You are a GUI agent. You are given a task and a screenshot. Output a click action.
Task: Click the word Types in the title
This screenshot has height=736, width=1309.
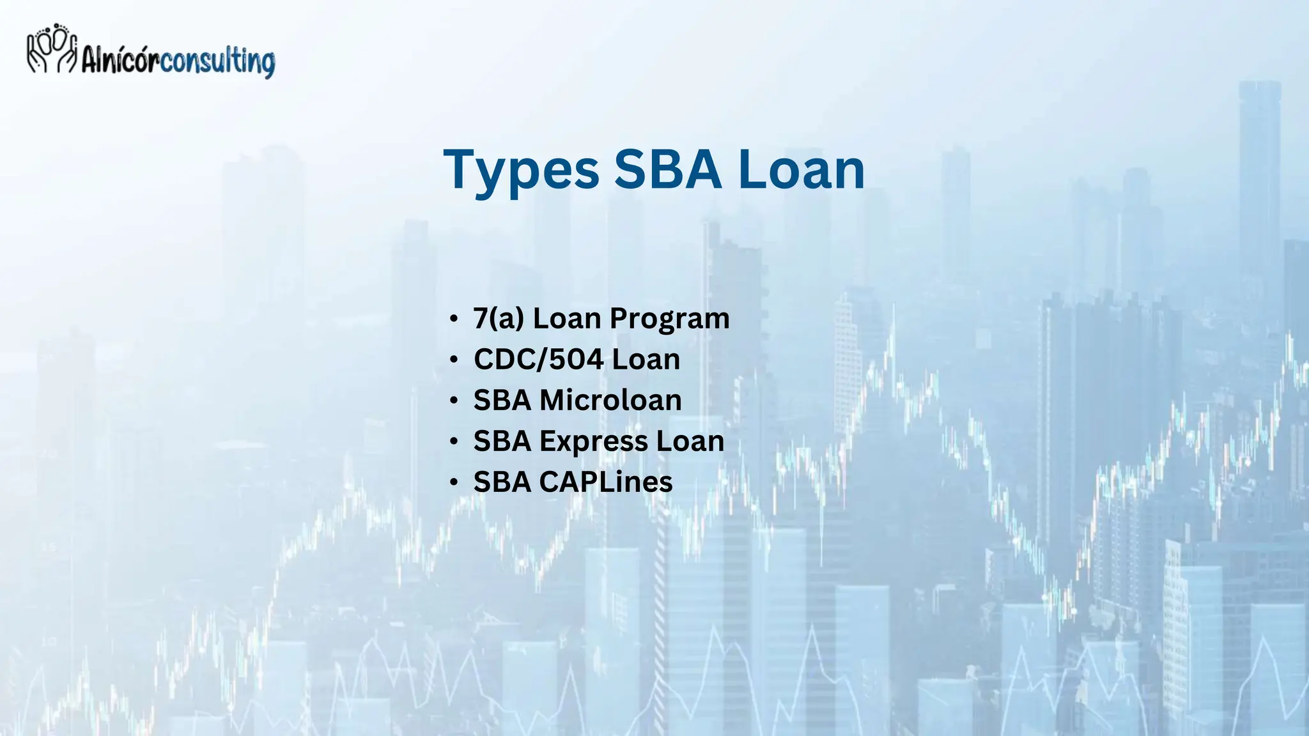521,170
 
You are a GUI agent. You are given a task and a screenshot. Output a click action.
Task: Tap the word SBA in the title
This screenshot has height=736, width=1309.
667,170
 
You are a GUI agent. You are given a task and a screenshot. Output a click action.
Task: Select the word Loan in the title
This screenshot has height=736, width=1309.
801,170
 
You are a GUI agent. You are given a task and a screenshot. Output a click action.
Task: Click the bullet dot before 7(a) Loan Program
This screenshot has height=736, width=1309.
454,319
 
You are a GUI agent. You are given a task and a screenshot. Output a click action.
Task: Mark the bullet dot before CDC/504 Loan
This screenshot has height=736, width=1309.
454,360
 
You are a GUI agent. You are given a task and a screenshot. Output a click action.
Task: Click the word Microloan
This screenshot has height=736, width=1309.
610,401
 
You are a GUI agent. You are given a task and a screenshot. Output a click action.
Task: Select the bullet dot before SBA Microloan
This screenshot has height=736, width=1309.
454,401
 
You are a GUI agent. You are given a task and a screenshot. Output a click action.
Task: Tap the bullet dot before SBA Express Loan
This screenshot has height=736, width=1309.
454,441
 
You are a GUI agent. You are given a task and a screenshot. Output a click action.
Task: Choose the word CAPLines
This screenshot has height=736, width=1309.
605,482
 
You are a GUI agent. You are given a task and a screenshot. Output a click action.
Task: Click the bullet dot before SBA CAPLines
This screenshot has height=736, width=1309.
454,482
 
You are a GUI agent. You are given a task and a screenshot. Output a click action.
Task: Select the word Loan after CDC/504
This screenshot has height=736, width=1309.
646,360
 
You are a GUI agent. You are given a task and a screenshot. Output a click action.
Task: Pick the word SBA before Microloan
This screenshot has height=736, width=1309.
502,401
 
